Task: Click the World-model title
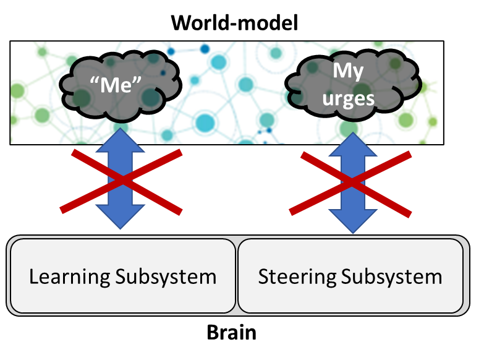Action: [235, 23]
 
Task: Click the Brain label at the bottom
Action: [231, 332]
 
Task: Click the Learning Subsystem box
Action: [122, 275]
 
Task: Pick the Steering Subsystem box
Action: [350, 275]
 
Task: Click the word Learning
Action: [69, 276]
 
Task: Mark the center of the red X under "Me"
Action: [122, 181]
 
